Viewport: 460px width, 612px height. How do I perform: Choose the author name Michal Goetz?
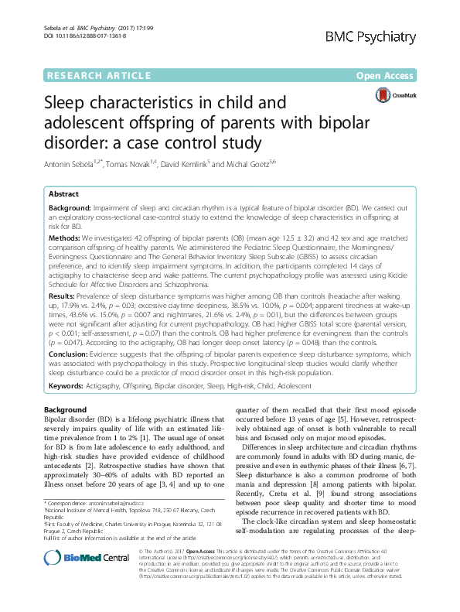pos(272,164)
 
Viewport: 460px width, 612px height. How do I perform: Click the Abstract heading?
pos(63,195)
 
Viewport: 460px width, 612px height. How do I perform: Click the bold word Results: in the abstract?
pos(64,297)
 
